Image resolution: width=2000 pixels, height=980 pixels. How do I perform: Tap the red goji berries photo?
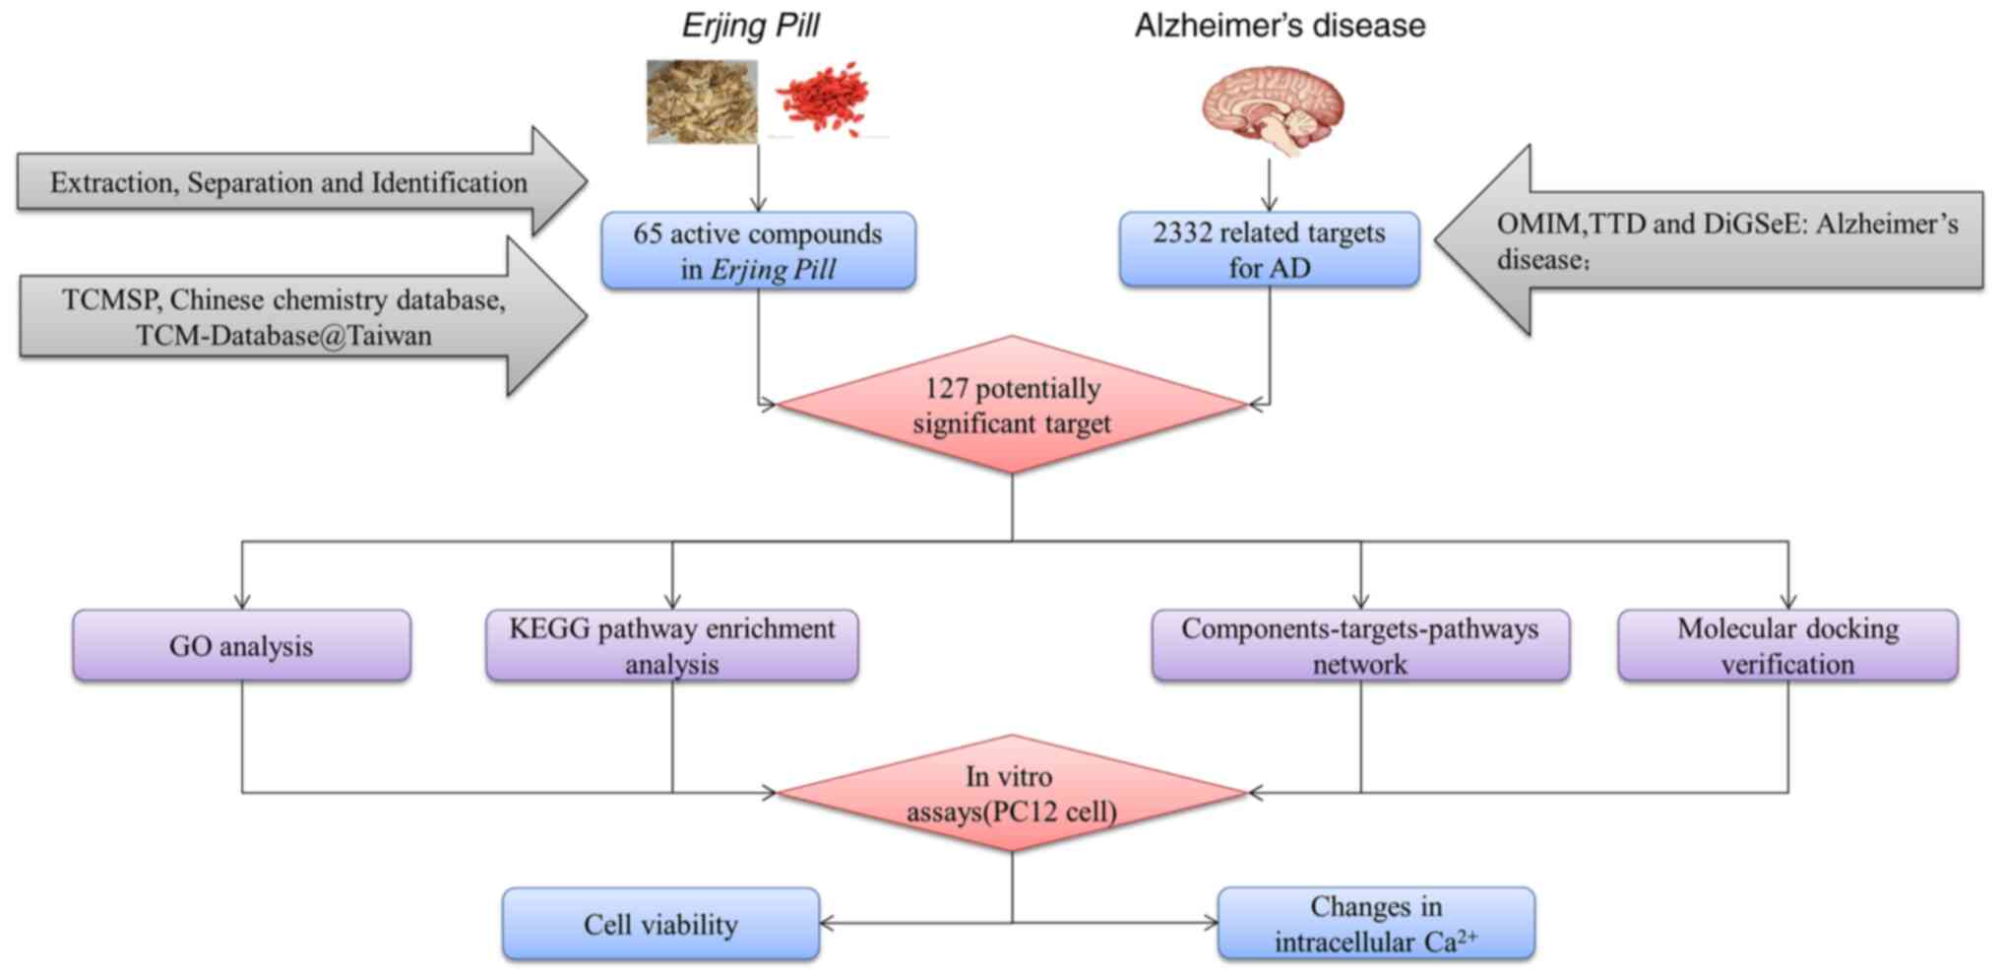(823, 98)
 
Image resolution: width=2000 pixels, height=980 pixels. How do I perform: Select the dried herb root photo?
(702, 101)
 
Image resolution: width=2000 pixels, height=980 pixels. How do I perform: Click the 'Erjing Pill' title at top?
(750, 26)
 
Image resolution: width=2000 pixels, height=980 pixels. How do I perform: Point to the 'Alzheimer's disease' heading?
(1280, 26)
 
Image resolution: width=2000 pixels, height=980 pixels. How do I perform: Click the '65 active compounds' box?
(758, 250)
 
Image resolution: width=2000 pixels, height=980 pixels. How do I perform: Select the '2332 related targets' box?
(1269, 249)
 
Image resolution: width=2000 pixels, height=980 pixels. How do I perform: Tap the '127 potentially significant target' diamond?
(1012, 405)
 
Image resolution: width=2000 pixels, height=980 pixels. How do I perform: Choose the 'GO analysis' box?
(241, 645)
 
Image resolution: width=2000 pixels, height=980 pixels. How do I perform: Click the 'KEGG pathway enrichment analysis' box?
(672, 645)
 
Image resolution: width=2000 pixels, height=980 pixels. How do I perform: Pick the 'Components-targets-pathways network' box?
(1360, 645)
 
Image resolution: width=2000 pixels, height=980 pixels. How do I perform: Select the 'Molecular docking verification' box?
(1787, 645)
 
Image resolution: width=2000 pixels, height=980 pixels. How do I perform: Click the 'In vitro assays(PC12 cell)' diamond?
(1012, 793)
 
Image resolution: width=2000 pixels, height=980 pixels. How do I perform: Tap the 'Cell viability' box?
(660, 924)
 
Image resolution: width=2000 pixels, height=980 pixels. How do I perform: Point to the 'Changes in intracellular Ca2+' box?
(1375, 924)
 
